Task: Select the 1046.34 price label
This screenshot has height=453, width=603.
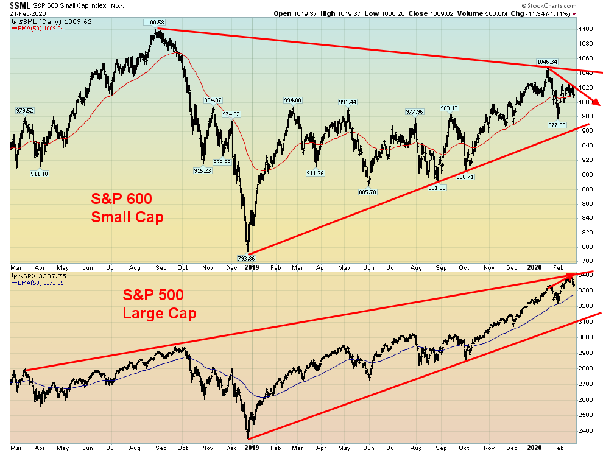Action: pyautogui.click(x=546, y=61)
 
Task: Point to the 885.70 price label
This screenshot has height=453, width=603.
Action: pyautogui.click(x=369, y=192)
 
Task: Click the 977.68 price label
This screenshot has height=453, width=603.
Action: pyautogui.click(x=557, y=125)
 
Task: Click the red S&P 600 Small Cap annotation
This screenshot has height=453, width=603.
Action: pyautogui.click(x=127, y=208)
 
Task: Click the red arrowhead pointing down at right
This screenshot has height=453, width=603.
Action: pyautogui.click(x=596, y=102)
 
